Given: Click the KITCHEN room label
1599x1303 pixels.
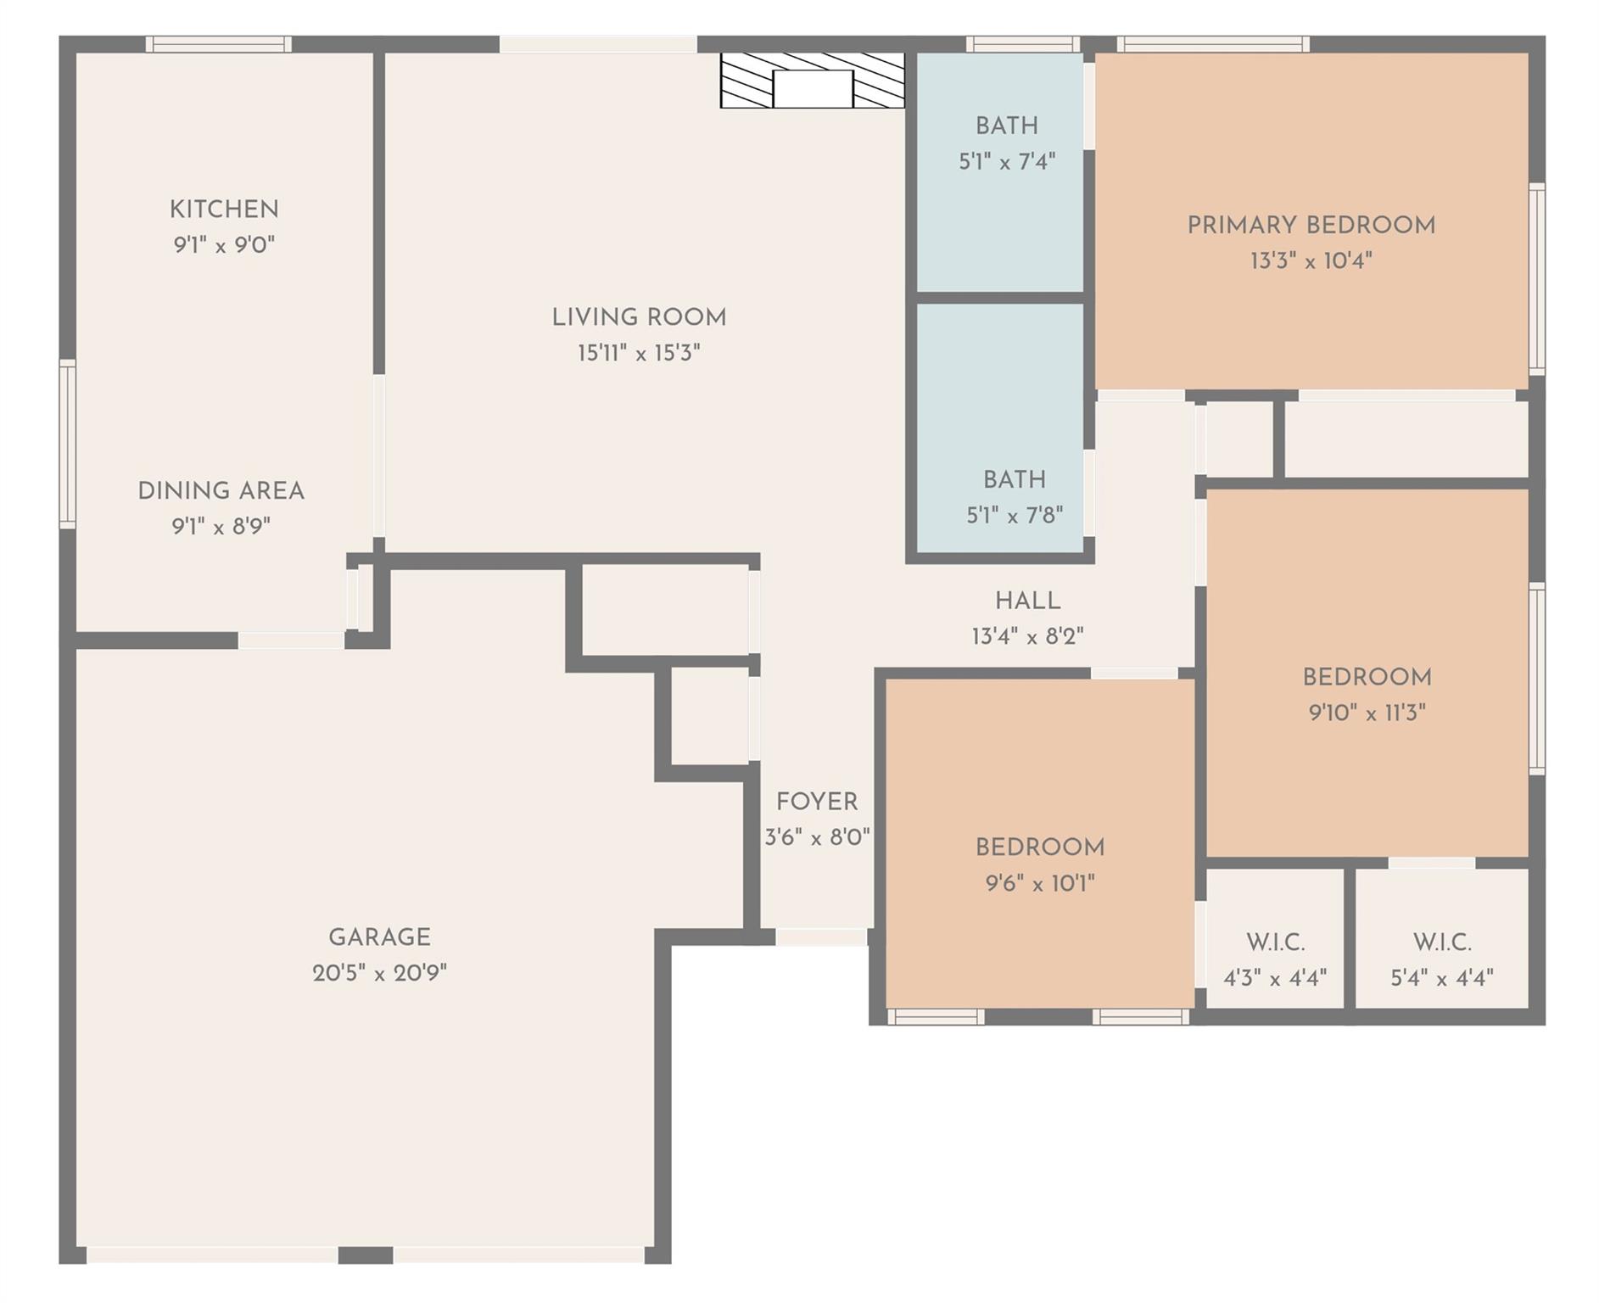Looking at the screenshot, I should pyautogui.click(x=224, y=210).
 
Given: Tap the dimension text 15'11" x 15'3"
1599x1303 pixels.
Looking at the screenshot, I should pyautogui.click(x=639, y=353).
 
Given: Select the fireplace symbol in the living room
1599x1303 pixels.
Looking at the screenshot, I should pyautogui.click(x=812, y=81).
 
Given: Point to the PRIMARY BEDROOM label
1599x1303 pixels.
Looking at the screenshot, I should pyautogui.click(x=1311, y=226).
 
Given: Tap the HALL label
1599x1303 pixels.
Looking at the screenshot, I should pyautogui.click(x=1027, y=601).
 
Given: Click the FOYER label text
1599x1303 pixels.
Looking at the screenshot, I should pyautogui.click(x=817, y=802).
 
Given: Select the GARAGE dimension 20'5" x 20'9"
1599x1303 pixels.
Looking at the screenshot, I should pyautogui.click(x=379, y=973).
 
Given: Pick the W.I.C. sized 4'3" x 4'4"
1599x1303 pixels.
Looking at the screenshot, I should pyautogui.click(x=1275, y=959).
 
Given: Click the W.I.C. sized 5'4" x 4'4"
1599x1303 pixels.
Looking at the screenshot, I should pyautogui.click(x=1441, y=959).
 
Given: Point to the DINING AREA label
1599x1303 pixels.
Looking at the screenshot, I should pyautogui.click(x=221, y=491).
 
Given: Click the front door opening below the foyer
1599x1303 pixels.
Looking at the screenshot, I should pyautogui.click(x=820, y=937).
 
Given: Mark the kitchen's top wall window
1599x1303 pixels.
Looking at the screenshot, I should pyautogui.click(x=218, y=44).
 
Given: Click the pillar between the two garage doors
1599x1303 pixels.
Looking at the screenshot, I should pyautogui.click(x=366, y=1255).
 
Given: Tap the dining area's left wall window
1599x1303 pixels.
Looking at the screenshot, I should pyautogui.click(x=67, y=444).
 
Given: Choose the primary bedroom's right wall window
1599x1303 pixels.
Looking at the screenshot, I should pyautogui.click(x=1536, y=278).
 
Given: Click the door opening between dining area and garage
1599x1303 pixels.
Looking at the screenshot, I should pyautogui.click(x=290, y=640).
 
